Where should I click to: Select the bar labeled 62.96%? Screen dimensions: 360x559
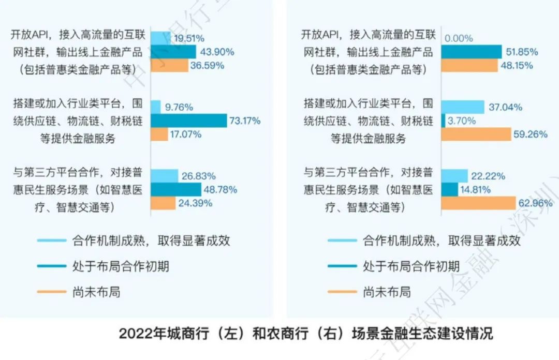pos(478,203)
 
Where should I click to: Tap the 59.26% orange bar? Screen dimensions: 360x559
pos(476,134)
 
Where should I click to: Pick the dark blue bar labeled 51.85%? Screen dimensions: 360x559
pos(471,52)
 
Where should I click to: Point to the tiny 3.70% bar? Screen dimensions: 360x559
pos(443,121)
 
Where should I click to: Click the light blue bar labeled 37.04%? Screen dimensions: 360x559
pos(463,107)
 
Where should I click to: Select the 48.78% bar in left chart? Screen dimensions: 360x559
pos(175,189)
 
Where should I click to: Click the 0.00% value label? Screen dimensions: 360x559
pos(459,38)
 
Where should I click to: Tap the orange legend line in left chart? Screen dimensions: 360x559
pos(52,292)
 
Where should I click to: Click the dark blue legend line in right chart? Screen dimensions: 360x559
pos(342,266)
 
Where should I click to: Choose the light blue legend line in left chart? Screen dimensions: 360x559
pos(52,241)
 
